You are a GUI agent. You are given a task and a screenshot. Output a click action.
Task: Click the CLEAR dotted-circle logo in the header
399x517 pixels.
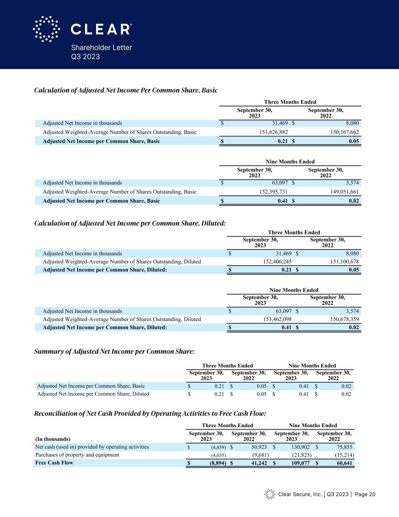click(46, 29)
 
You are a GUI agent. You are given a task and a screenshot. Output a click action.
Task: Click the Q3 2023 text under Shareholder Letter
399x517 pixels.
click(85, 57)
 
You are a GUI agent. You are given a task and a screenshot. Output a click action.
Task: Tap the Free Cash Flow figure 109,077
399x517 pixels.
click(299, 463)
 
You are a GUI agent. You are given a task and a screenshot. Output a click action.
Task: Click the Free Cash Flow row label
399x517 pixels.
click(54, 463)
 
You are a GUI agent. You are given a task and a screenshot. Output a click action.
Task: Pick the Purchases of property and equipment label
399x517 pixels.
click(77, 455)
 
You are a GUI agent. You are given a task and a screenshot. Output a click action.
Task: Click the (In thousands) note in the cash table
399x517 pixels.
click(53, 439)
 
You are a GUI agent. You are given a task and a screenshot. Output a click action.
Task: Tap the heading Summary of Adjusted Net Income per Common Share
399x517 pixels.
click(114, 352)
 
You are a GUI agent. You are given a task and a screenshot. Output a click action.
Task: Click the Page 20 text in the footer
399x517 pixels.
click(365, 494)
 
